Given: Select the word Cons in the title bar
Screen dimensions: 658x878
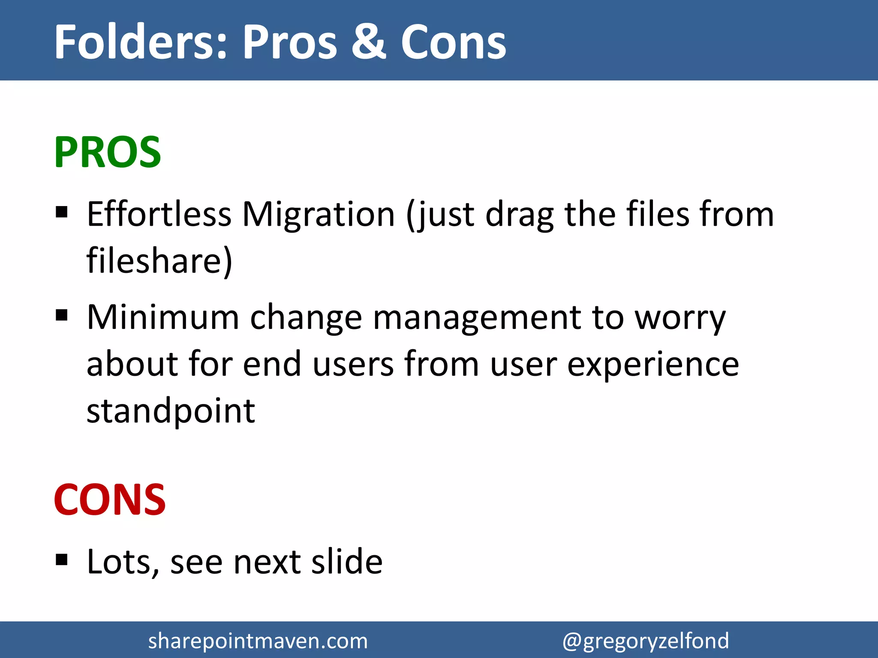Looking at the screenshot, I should tap(453, 42).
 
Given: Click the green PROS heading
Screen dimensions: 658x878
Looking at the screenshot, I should tap(107, 152).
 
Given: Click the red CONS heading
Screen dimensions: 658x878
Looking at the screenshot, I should tap(110, 499).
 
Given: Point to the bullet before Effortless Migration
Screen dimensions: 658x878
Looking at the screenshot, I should tap(62, 212).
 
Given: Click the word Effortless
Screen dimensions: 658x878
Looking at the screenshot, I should tap(159, 214).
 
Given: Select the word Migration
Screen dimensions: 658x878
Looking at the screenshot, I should tap(318, 214).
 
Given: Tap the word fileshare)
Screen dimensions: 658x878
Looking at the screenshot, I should tap(159, 260).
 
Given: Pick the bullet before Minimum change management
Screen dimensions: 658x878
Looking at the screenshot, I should tap(62, 315).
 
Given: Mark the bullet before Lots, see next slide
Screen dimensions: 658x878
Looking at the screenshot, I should tap(62, 559).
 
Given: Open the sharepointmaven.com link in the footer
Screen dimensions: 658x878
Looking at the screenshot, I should tap(258, 641).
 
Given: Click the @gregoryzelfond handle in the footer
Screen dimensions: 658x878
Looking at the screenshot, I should tap(645, 641).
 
